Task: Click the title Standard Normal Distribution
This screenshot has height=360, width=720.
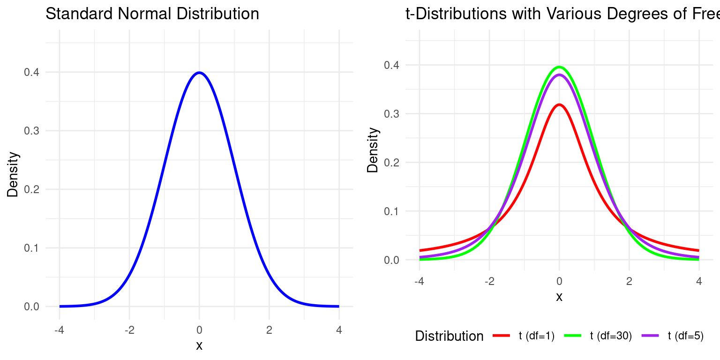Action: click(152, 14)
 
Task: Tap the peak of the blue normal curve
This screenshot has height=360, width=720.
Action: click(199, 73)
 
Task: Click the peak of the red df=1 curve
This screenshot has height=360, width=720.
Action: click(559, 105)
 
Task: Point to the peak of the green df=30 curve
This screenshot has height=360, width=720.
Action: click(559, 67)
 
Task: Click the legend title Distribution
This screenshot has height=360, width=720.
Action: click(449, 336)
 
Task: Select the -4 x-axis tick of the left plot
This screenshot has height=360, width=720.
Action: click(59, 330)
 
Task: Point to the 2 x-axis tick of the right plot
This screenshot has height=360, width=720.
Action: click(629, 281)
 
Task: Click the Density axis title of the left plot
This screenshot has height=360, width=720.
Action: click(13, 174)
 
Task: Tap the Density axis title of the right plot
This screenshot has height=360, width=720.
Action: click(373, 150)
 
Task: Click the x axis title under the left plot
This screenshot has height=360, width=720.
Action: click(199, 346)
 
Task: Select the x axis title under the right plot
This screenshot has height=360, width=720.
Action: click(559, 297)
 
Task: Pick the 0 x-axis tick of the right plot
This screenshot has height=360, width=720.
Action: click(559, 281)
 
